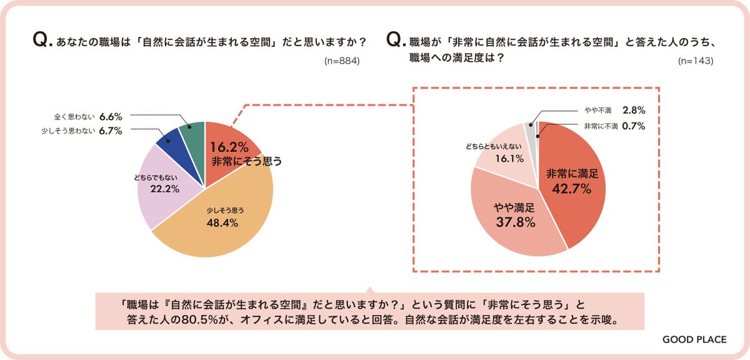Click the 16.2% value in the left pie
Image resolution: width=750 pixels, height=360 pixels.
[229, 147]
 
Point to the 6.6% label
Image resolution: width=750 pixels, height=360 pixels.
[110, 116]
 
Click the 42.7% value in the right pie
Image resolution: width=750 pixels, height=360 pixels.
[569, 187]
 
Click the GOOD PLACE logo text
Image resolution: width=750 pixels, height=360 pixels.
[695, 339]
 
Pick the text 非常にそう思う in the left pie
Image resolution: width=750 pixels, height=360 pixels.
[246, 161]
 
